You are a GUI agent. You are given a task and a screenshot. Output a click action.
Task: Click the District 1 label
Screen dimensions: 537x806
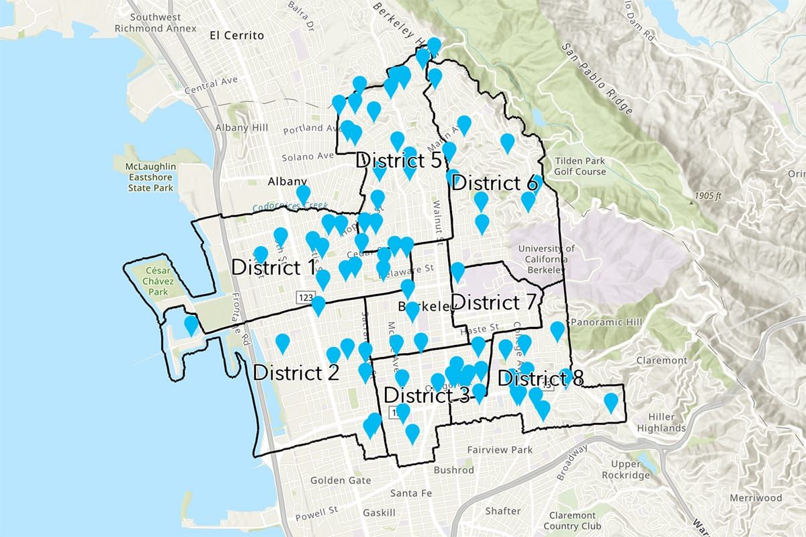click(273, 267)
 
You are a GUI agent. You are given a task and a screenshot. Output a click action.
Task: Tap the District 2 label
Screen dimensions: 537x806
click(296, 372)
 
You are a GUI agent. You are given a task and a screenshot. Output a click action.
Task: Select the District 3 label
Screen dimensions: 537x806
click(427, 395)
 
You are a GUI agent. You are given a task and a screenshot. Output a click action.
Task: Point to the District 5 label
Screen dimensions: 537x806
click(398, 160)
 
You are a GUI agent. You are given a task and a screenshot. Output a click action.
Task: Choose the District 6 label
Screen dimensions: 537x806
click(495, 183)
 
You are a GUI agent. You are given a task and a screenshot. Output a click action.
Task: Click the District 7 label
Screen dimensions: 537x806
click(494, 303)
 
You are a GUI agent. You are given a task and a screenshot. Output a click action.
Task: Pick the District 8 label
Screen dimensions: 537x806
click(541, 379)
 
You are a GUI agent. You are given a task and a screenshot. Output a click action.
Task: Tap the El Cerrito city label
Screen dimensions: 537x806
click(236, 35)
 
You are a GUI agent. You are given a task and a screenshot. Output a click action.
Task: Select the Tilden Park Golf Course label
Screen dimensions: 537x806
click(580, 166)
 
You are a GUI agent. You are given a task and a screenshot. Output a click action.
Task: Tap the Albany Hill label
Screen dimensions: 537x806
click(241, 128)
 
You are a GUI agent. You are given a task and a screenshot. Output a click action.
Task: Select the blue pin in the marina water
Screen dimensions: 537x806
click(191, 325)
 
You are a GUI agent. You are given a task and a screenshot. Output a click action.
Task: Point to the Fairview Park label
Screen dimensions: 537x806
click(500, 450)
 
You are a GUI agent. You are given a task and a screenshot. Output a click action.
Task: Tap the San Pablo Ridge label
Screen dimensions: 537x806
click(597, 75)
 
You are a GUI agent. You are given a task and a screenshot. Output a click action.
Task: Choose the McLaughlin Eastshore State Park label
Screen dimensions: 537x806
click(150, 177)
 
